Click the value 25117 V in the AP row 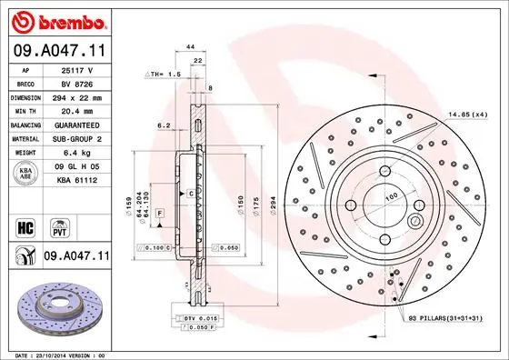pyautogui.click(x=77, y=69)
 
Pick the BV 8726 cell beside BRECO pyautogui.click(x=77, y=82)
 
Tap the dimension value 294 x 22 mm pyautogui.click(x=77, y=95)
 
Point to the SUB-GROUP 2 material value pyautogui.click(x=77, y=138)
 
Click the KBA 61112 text pyautogui.click(x=77, y=180)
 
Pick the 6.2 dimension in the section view pyautogui.click(x=164, y=125)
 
